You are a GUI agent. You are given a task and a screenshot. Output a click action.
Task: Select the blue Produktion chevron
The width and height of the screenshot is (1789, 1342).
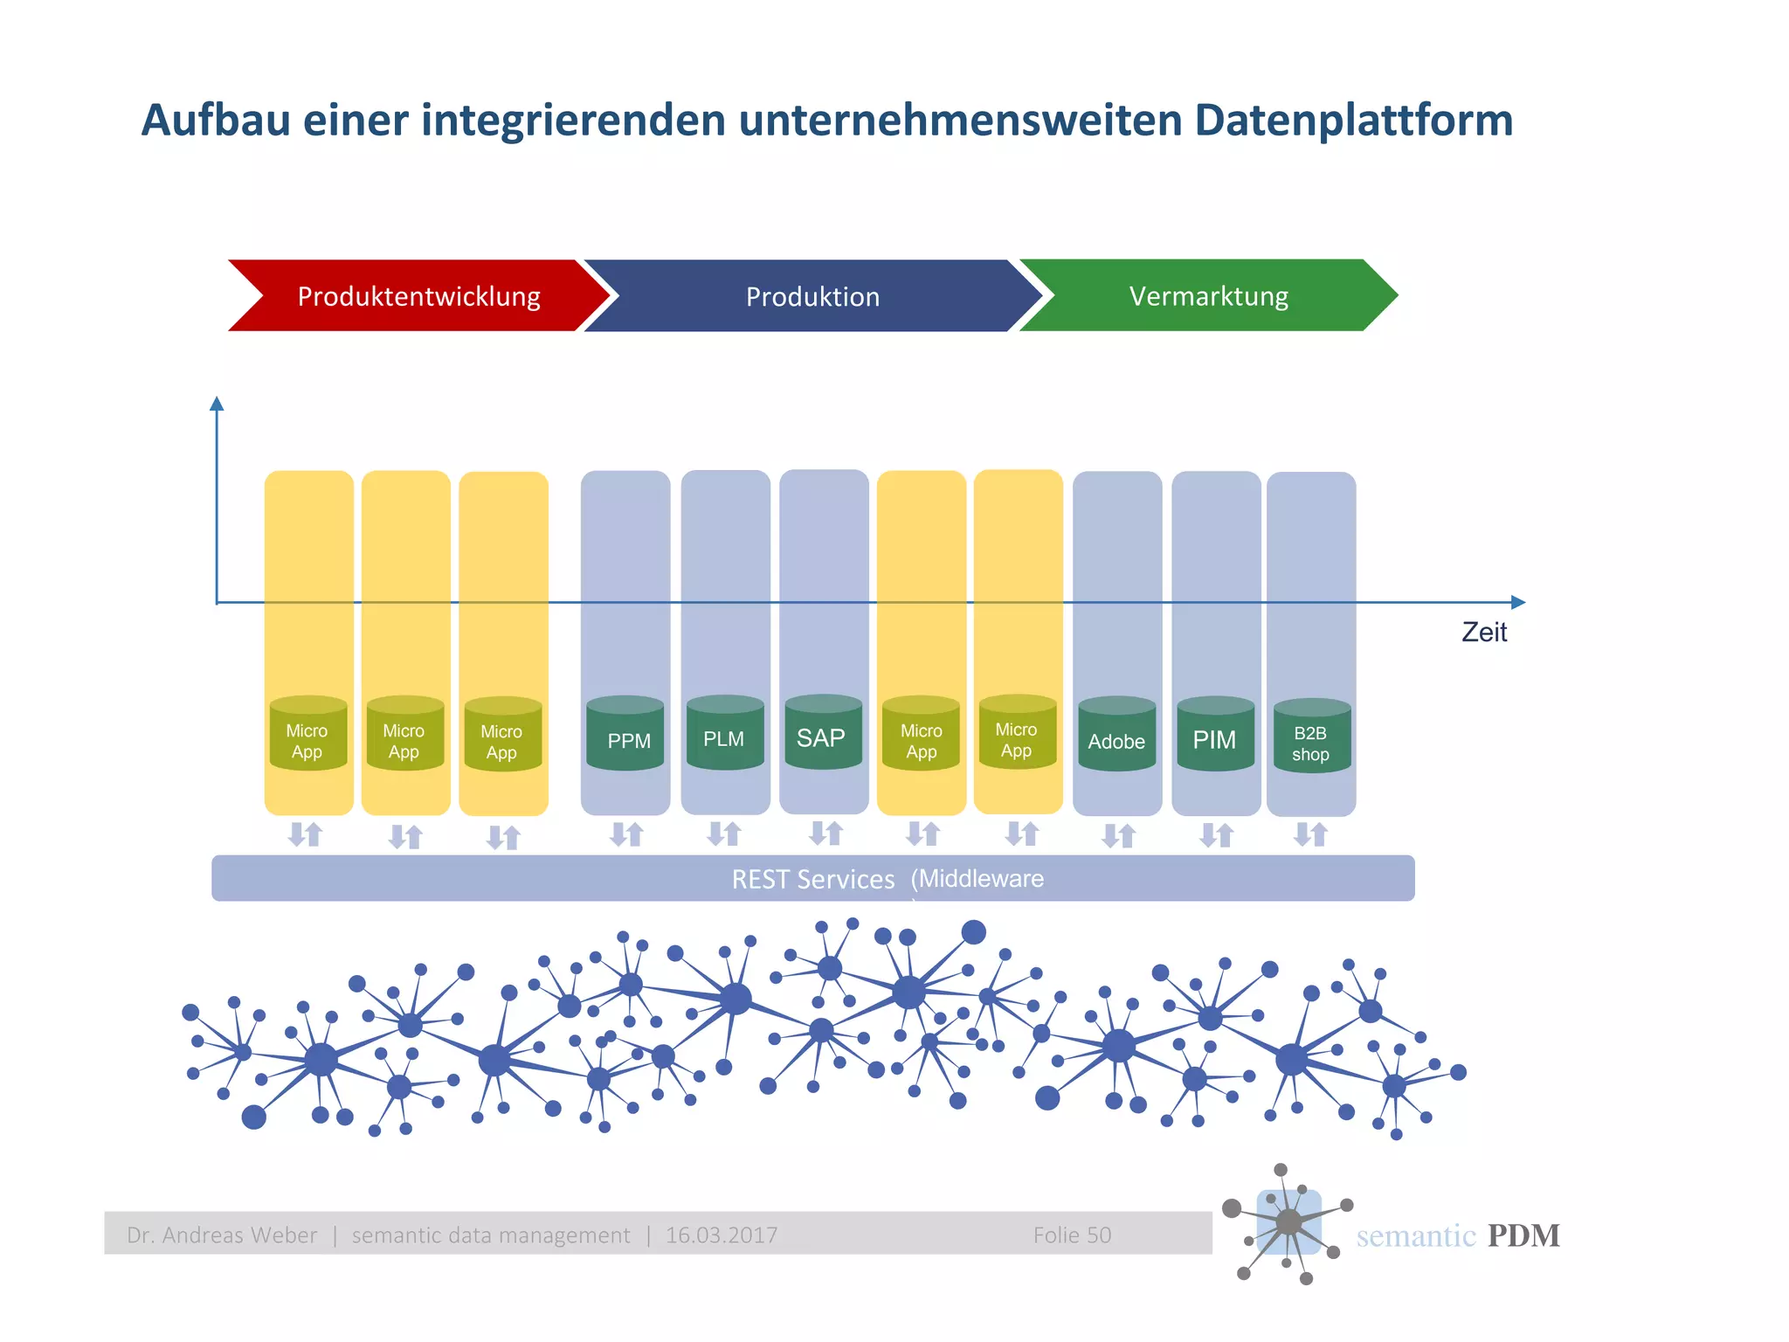click(x=812, y=296)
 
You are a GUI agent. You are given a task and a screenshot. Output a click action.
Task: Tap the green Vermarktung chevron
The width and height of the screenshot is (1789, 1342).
click(x=1208, y=295)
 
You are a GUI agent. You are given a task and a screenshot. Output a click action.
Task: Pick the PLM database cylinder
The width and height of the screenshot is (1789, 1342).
click(x=724, y=735)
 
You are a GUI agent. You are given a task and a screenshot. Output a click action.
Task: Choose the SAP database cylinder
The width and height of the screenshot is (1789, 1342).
click(x=822, y=734)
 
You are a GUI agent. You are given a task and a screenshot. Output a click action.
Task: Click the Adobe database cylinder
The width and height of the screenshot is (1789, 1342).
click(x=1116, y=737)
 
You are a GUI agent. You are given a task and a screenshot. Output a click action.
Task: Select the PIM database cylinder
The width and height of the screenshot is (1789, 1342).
click(x=1215, y=736)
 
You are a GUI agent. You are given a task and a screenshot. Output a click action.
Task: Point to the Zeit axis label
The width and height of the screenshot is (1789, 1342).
click(x=1484, y=632)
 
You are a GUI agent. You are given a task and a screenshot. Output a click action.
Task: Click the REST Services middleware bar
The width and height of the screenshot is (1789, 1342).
click(x=812, y=878)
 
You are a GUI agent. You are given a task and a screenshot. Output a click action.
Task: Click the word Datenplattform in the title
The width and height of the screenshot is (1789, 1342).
click(x=1353, y=121)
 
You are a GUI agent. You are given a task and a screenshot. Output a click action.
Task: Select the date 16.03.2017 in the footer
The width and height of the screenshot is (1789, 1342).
click(x=722, y=1235)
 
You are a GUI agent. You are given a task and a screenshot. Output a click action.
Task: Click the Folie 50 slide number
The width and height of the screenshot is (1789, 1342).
click(x=1072, y=1235)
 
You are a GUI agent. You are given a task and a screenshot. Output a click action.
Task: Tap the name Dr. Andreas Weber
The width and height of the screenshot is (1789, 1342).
click(x=222, y=1235)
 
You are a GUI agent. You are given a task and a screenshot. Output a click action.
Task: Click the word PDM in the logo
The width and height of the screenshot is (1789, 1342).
click(x=1523, y=1235)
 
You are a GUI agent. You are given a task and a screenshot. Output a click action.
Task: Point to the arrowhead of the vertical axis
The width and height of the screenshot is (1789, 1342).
click(x=217, y=404)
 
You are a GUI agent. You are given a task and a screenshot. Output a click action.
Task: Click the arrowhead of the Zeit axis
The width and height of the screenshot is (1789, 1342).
click(x=1518, y=602)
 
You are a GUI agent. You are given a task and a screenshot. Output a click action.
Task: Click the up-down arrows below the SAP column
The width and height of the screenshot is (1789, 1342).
click(x=825, y=833)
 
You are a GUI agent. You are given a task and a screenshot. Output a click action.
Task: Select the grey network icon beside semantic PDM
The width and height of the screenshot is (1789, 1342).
click(x=1288, y=1222)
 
